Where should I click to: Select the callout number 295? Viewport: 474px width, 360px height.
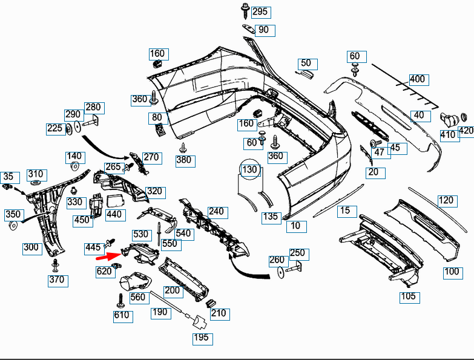click(260, 12)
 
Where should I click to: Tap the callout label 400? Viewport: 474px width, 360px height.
click(417, 79)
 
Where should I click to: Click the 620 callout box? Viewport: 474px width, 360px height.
click(104, 271)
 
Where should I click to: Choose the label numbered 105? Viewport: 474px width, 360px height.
click(409, 296)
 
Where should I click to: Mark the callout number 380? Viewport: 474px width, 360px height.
click(183, 160)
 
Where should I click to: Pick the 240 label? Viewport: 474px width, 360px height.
click(216, 212)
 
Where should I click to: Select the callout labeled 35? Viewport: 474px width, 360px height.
click(8, 177)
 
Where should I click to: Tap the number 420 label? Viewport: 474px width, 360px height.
click(466, 131)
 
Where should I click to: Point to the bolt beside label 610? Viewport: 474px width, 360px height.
click(120, 299)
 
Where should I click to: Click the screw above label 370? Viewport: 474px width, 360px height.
click(56, 264)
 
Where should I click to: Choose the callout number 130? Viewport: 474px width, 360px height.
click(249, 170)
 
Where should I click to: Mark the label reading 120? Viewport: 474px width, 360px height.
click(446, 200)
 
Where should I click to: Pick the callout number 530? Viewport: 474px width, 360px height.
click(140, 234)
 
